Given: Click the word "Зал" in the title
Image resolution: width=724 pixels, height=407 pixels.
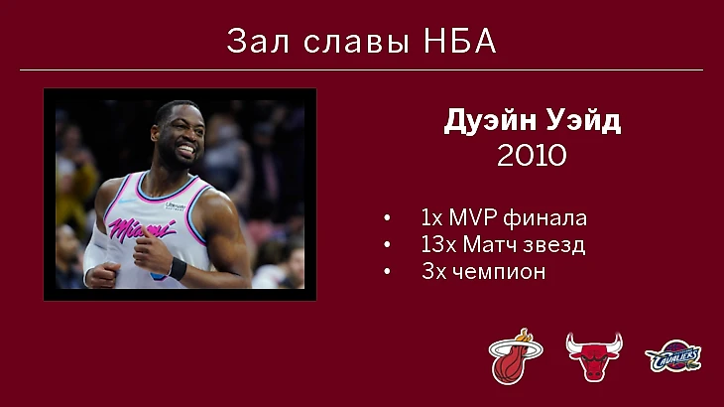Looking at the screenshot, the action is coord(258,41).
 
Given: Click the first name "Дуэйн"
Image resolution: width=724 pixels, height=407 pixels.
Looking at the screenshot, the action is coord(490,121).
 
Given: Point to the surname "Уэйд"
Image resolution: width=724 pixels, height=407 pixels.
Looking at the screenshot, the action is coord(583,121).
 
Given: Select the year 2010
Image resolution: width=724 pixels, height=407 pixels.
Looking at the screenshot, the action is coord(532,155).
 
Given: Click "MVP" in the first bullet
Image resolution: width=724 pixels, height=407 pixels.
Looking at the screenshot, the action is coord(473,217).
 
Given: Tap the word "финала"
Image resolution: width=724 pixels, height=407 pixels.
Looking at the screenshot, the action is coord(544,218).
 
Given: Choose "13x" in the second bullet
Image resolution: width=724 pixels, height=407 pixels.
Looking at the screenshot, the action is coord(439,244).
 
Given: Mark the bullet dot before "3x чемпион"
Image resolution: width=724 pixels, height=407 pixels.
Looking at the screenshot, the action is coord(387,272).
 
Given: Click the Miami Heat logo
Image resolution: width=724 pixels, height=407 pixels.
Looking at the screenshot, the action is coord(516,356).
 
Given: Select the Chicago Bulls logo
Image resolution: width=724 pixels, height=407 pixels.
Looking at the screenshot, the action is coord(594,356).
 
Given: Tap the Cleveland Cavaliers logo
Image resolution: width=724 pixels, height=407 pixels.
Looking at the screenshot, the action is coord(673,356).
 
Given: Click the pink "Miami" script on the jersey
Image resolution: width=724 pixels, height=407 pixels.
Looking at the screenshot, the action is coord(141,228).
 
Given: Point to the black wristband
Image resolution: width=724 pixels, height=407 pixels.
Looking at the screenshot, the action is coord(178,269).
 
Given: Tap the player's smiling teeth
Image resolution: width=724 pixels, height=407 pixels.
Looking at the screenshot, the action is coord(186,150).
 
